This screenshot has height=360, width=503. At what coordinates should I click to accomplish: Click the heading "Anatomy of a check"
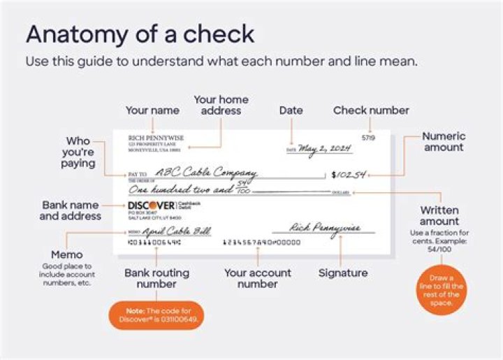140,34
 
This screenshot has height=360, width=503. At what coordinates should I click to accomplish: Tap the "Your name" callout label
152,110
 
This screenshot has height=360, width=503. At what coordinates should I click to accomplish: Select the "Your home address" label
221,105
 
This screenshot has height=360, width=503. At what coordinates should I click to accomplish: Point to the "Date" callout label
291,110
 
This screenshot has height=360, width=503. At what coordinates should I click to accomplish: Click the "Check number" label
371,110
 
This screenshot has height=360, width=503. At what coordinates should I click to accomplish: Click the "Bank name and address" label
70,210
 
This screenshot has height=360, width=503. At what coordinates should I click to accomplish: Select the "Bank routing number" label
156,278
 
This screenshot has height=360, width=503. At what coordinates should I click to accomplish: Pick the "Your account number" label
256,278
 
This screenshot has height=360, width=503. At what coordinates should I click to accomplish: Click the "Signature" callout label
342,273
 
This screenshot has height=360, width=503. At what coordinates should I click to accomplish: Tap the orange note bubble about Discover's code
156,315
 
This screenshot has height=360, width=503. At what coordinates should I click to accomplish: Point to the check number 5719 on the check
368,138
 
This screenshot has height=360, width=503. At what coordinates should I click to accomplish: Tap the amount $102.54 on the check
349,174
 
